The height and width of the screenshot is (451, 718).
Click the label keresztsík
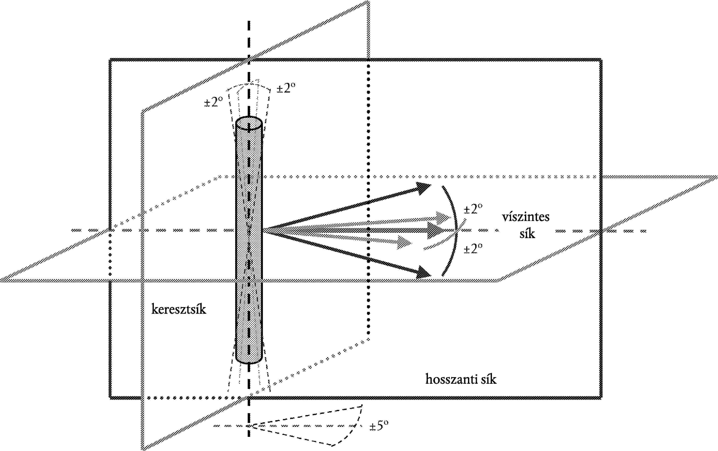click(179, 309)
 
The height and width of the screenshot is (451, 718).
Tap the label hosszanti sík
click(461, 379)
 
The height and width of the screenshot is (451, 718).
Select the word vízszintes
click(525, 217)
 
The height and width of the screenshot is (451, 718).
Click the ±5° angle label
click(379, 426)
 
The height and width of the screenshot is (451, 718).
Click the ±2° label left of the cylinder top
click(213, 102)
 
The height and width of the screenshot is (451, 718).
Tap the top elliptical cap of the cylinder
click(249, 123)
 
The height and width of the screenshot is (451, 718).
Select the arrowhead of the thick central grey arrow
click(436, 230)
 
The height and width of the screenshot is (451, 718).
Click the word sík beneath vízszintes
click(527, 233)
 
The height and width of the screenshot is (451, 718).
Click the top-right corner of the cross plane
click(369, 2)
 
